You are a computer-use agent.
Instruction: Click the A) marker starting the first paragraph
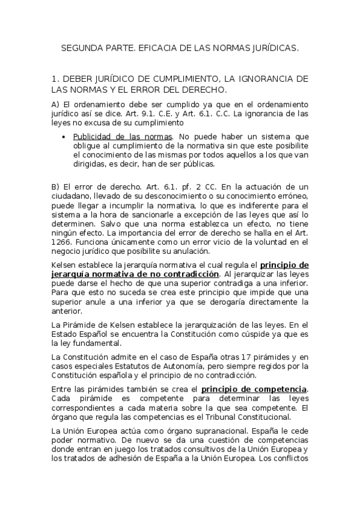pyautogui.click(x=56, y=104)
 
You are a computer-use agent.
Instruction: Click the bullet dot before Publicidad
pyautogui.click(x=64, y=137)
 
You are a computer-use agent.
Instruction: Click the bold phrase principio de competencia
pyautogui.click(x=254, y=389)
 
